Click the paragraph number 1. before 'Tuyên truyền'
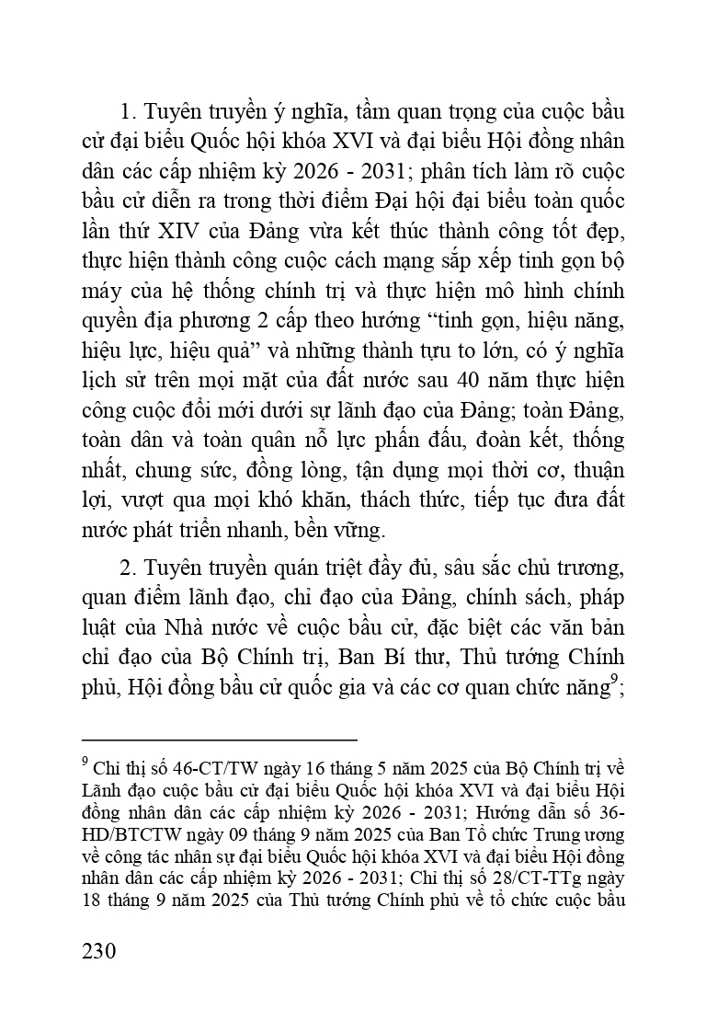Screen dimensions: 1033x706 (128, 113)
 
